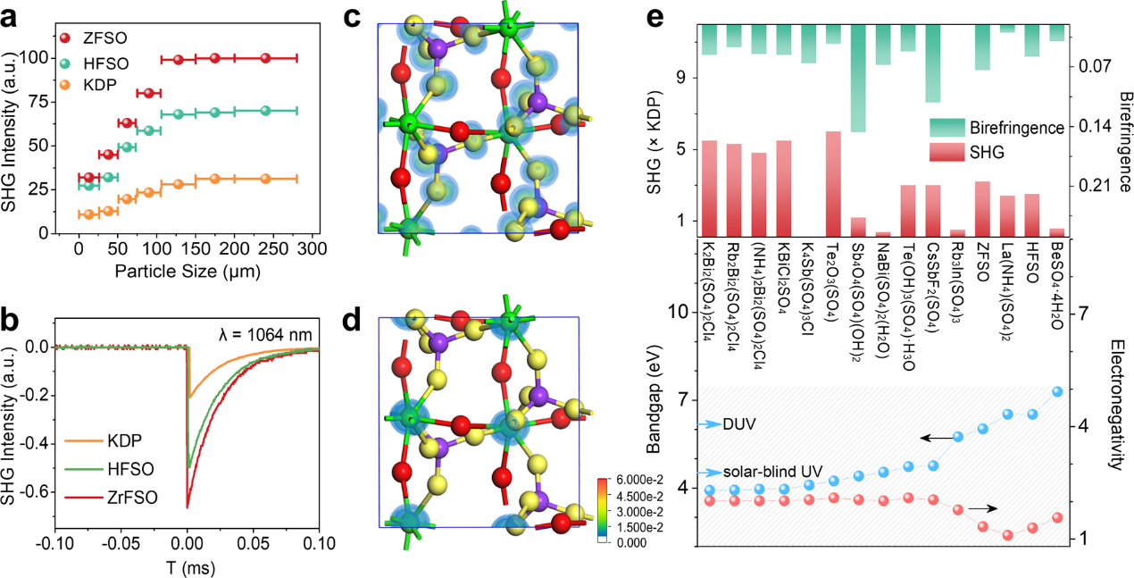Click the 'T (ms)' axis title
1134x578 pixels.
point(187,565)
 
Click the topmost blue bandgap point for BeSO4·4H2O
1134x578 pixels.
point(1057,391)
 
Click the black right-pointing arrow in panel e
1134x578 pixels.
point(981,507)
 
